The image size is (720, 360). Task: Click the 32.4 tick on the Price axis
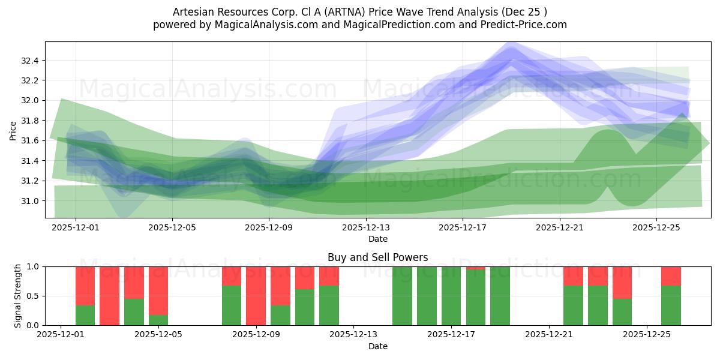coord(29,61)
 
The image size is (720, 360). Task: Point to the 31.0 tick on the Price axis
coord(29,201)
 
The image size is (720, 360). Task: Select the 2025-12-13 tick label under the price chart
coord(366,228)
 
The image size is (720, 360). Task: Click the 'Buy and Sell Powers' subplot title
coord(377,257)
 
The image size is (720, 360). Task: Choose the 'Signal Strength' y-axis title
coord(17,295)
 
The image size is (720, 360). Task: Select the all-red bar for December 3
coord(110,296)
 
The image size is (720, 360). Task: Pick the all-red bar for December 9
coord(256,296)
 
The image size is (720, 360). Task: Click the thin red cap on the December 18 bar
coord(476,268)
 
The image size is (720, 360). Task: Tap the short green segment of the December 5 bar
coord(158,320)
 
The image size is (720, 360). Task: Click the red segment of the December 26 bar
coord(671,276)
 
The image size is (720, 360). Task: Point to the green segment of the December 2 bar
coord(85,315)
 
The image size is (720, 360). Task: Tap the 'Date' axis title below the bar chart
coord(377,346)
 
